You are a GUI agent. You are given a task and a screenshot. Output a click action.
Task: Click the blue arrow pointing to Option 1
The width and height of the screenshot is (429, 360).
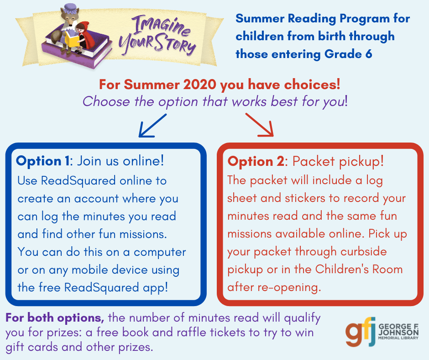[152, 126]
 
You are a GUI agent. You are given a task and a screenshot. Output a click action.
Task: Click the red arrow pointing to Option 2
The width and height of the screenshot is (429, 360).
[260, 125]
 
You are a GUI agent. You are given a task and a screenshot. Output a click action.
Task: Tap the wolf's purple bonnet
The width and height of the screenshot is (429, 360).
[70, 9]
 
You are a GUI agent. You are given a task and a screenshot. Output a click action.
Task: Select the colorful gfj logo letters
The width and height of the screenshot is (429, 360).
[360, 331]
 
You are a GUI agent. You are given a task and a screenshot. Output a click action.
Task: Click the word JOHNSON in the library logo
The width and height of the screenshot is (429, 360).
[398, 332]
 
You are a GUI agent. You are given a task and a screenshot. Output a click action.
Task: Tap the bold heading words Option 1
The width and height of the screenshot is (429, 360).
[43, 161]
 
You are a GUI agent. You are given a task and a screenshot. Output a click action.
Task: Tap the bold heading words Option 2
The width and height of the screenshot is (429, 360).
[256, 162]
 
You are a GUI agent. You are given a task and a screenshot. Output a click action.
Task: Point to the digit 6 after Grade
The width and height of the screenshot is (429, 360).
[369, 54]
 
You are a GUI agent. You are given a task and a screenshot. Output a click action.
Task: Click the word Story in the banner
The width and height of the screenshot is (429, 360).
[175, 44]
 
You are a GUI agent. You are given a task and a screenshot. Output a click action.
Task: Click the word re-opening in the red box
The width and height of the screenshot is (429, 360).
[289, 288]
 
